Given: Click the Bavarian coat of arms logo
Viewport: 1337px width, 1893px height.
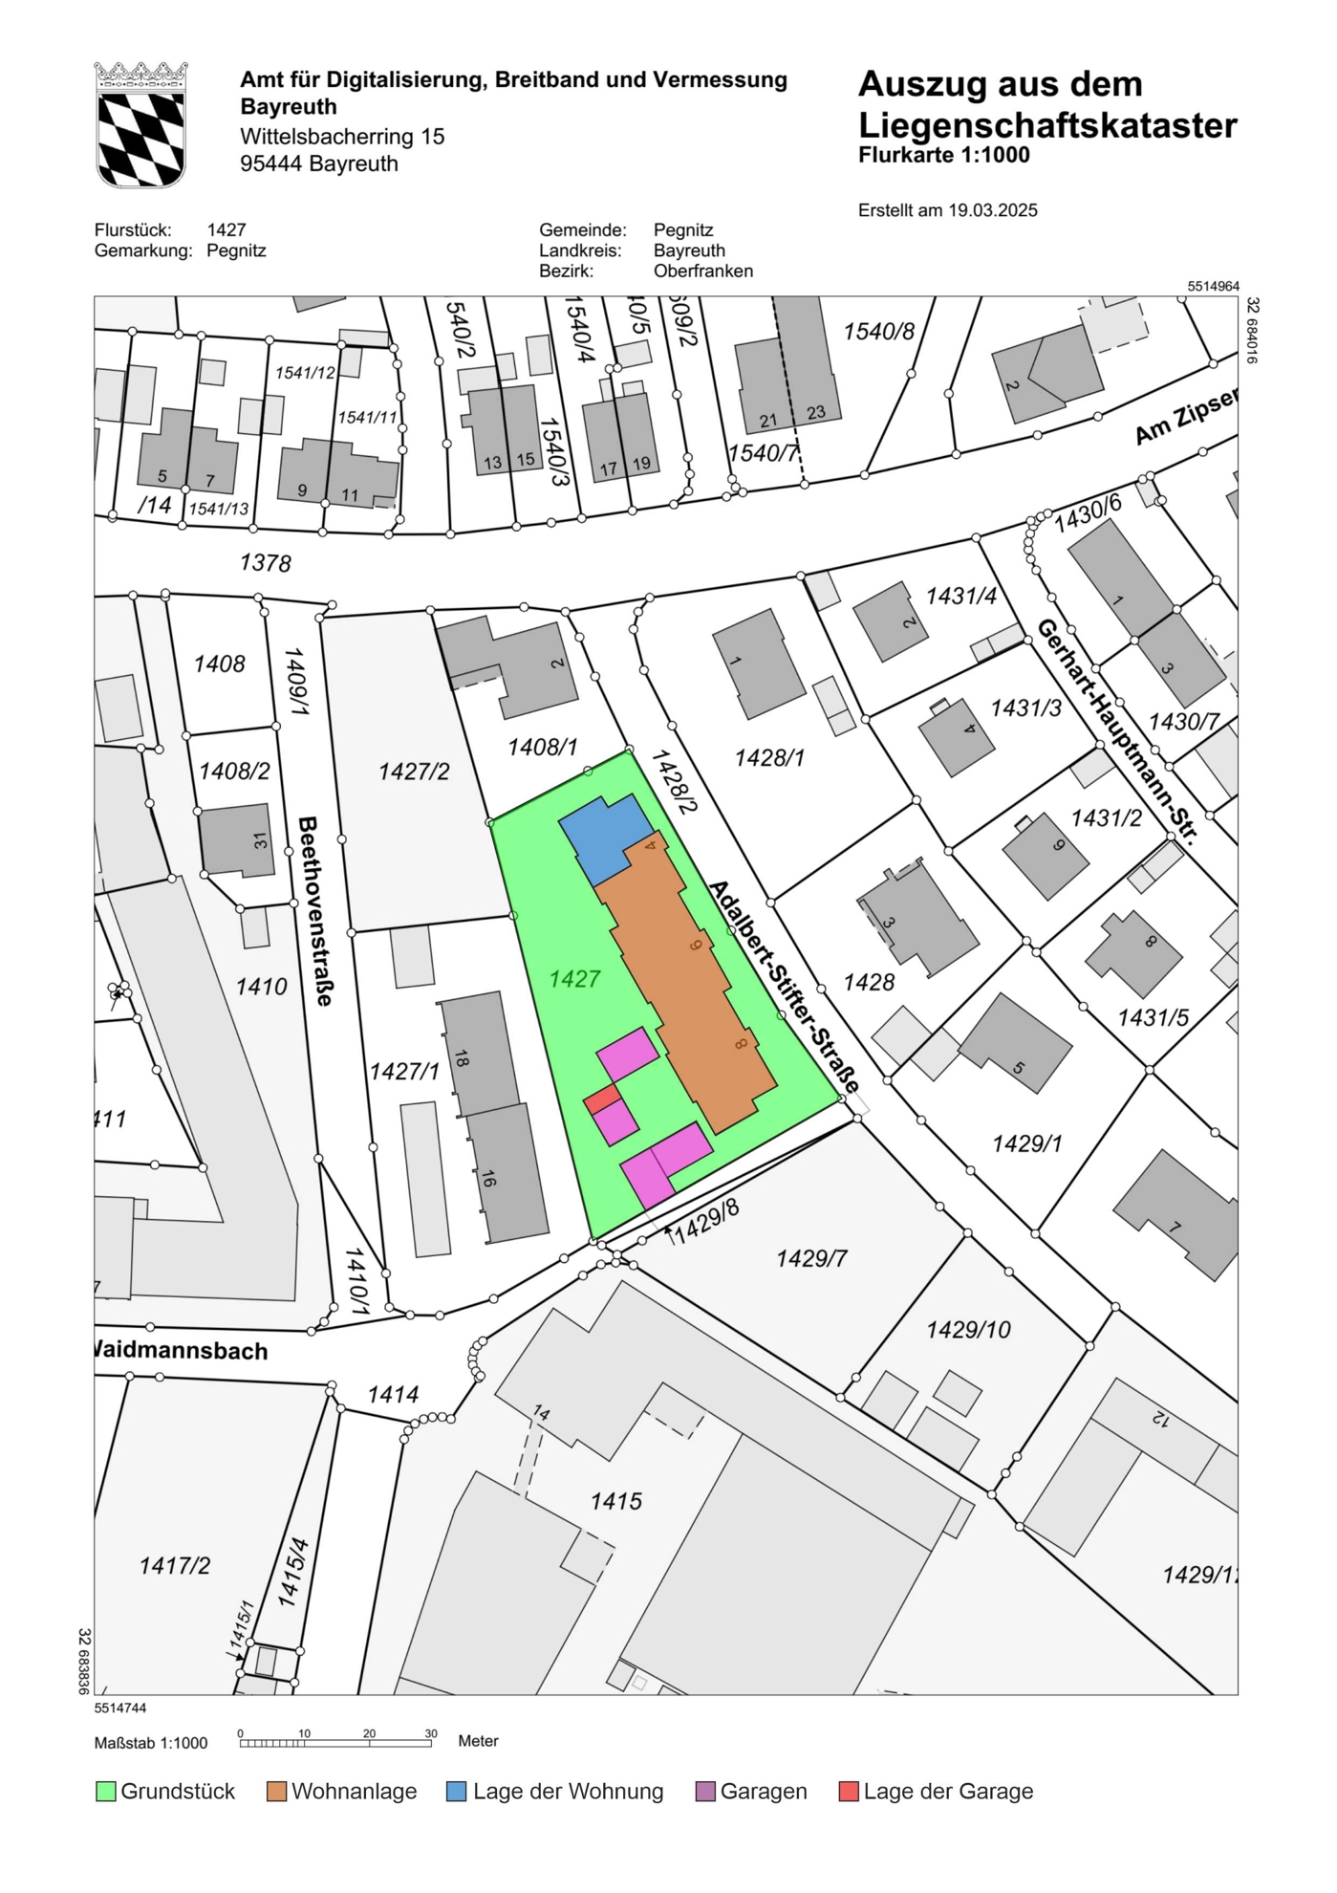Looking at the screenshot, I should tap(140, 125).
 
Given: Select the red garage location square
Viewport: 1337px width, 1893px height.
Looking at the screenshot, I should tap(601, 1099).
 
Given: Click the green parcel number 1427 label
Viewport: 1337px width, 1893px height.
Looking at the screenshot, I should tap(574, 978).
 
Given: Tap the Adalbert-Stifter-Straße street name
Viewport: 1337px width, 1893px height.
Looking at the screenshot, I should tap(784, 987).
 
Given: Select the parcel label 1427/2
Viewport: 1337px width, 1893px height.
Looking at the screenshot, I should tap(413, 771).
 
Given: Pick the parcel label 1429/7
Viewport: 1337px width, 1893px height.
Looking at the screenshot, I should tap(811, 1258).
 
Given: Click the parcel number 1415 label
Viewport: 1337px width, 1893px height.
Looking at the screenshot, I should tap(615, 1500).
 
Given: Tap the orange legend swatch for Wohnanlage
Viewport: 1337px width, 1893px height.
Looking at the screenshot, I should tap(277, 1791).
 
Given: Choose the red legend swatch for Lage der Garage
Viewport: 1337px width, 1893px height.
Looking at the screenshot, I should tap(848, 1791).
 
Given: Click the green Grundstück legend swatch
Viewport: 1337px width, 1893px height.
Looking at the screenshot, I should tap(105, 1791).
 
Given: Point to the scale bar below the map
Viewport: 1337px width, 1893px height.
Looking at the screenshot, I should tap(334, 1743).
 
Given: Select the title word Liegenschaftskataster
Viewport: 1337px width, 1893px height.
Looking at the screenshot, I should tap(1046, 125).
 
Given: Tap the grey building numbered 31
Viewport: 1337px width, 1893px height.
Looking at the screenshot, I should tap(237, 840).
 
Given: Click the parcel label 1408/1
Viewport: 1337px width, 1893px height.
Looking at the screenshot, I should tap(542, 747).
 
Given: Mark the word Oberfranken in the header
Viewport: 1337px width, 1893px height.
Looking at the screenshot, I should tap(702, 271).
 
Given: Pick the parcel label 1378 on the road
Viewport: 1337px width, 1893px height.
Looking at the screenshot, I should tap(265, 562).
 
